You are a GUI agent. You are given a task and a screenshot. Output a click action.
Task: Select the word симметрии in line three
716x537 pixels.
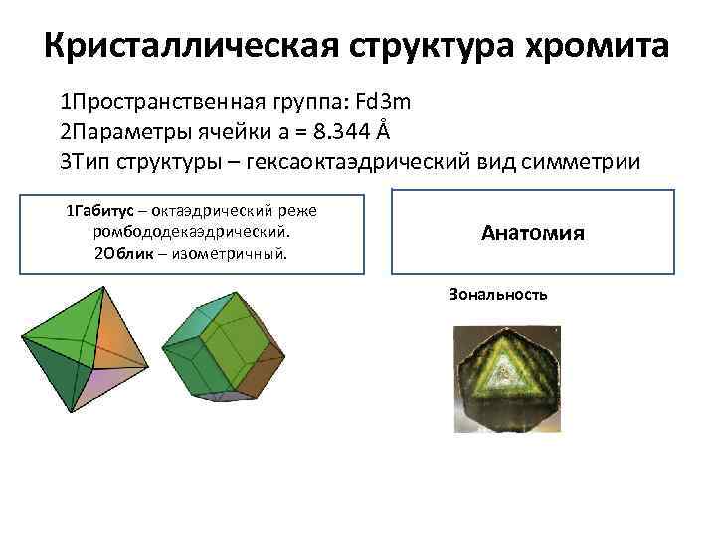pyautogui.click(x=571, y=160)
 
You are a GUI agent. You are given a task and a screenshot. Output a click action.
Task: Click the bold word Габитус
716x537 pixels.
pyautogui.click(x=106, y=212)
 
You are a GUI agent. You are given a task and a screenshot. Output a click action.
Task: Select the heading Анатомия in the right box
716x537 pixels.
pyautogui.click(x=532, y=234)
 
